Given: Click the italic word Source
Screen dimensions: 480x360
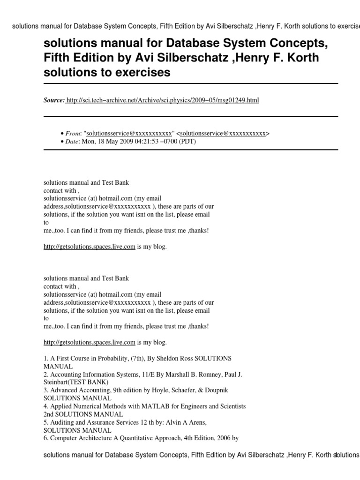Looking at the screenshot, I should (x=54, y=100).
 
